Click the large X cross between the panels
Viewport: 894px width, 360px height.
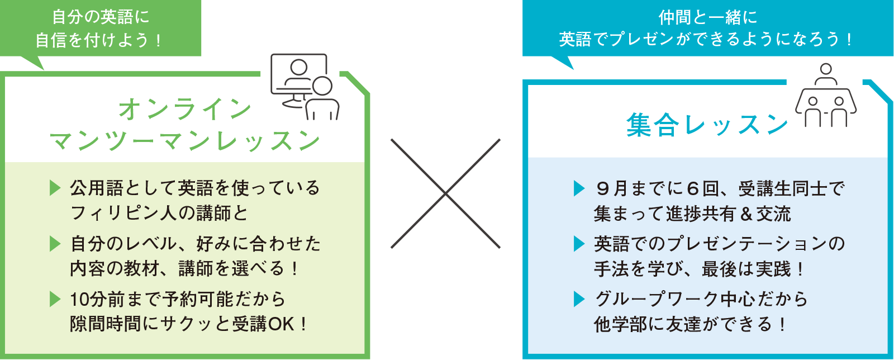click(445, 193)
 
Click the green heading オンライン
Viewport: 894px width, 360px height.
click(185, 108)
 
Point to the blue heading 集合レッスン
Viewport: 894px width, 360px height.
click(707, 124)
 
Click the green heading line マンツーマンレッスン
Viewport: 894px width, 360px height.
click(185, 141)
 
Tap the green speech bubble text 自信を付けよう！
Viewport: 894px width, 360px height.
click(99, 40)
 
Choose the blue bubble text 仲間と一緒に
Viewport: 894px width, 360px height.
click(707, 17)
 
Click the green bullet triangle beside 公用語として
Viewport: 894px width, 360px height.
click(55, 188)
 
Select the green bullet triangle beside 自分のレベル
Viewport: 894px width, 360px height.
click(55, 244)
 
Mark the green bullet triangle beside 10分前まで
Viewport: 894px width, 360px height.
click(55, 299)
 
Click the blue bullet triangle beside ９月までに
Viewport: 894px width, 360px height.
click(579, 188)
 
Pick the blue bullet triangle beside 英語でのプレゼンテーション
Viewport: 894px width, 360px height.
click(579, 244)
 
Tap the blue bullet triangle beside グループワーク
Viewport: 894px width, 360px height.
click(579, 299)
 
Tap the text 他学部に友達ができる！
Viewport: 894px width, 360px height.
click(690, 324)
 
